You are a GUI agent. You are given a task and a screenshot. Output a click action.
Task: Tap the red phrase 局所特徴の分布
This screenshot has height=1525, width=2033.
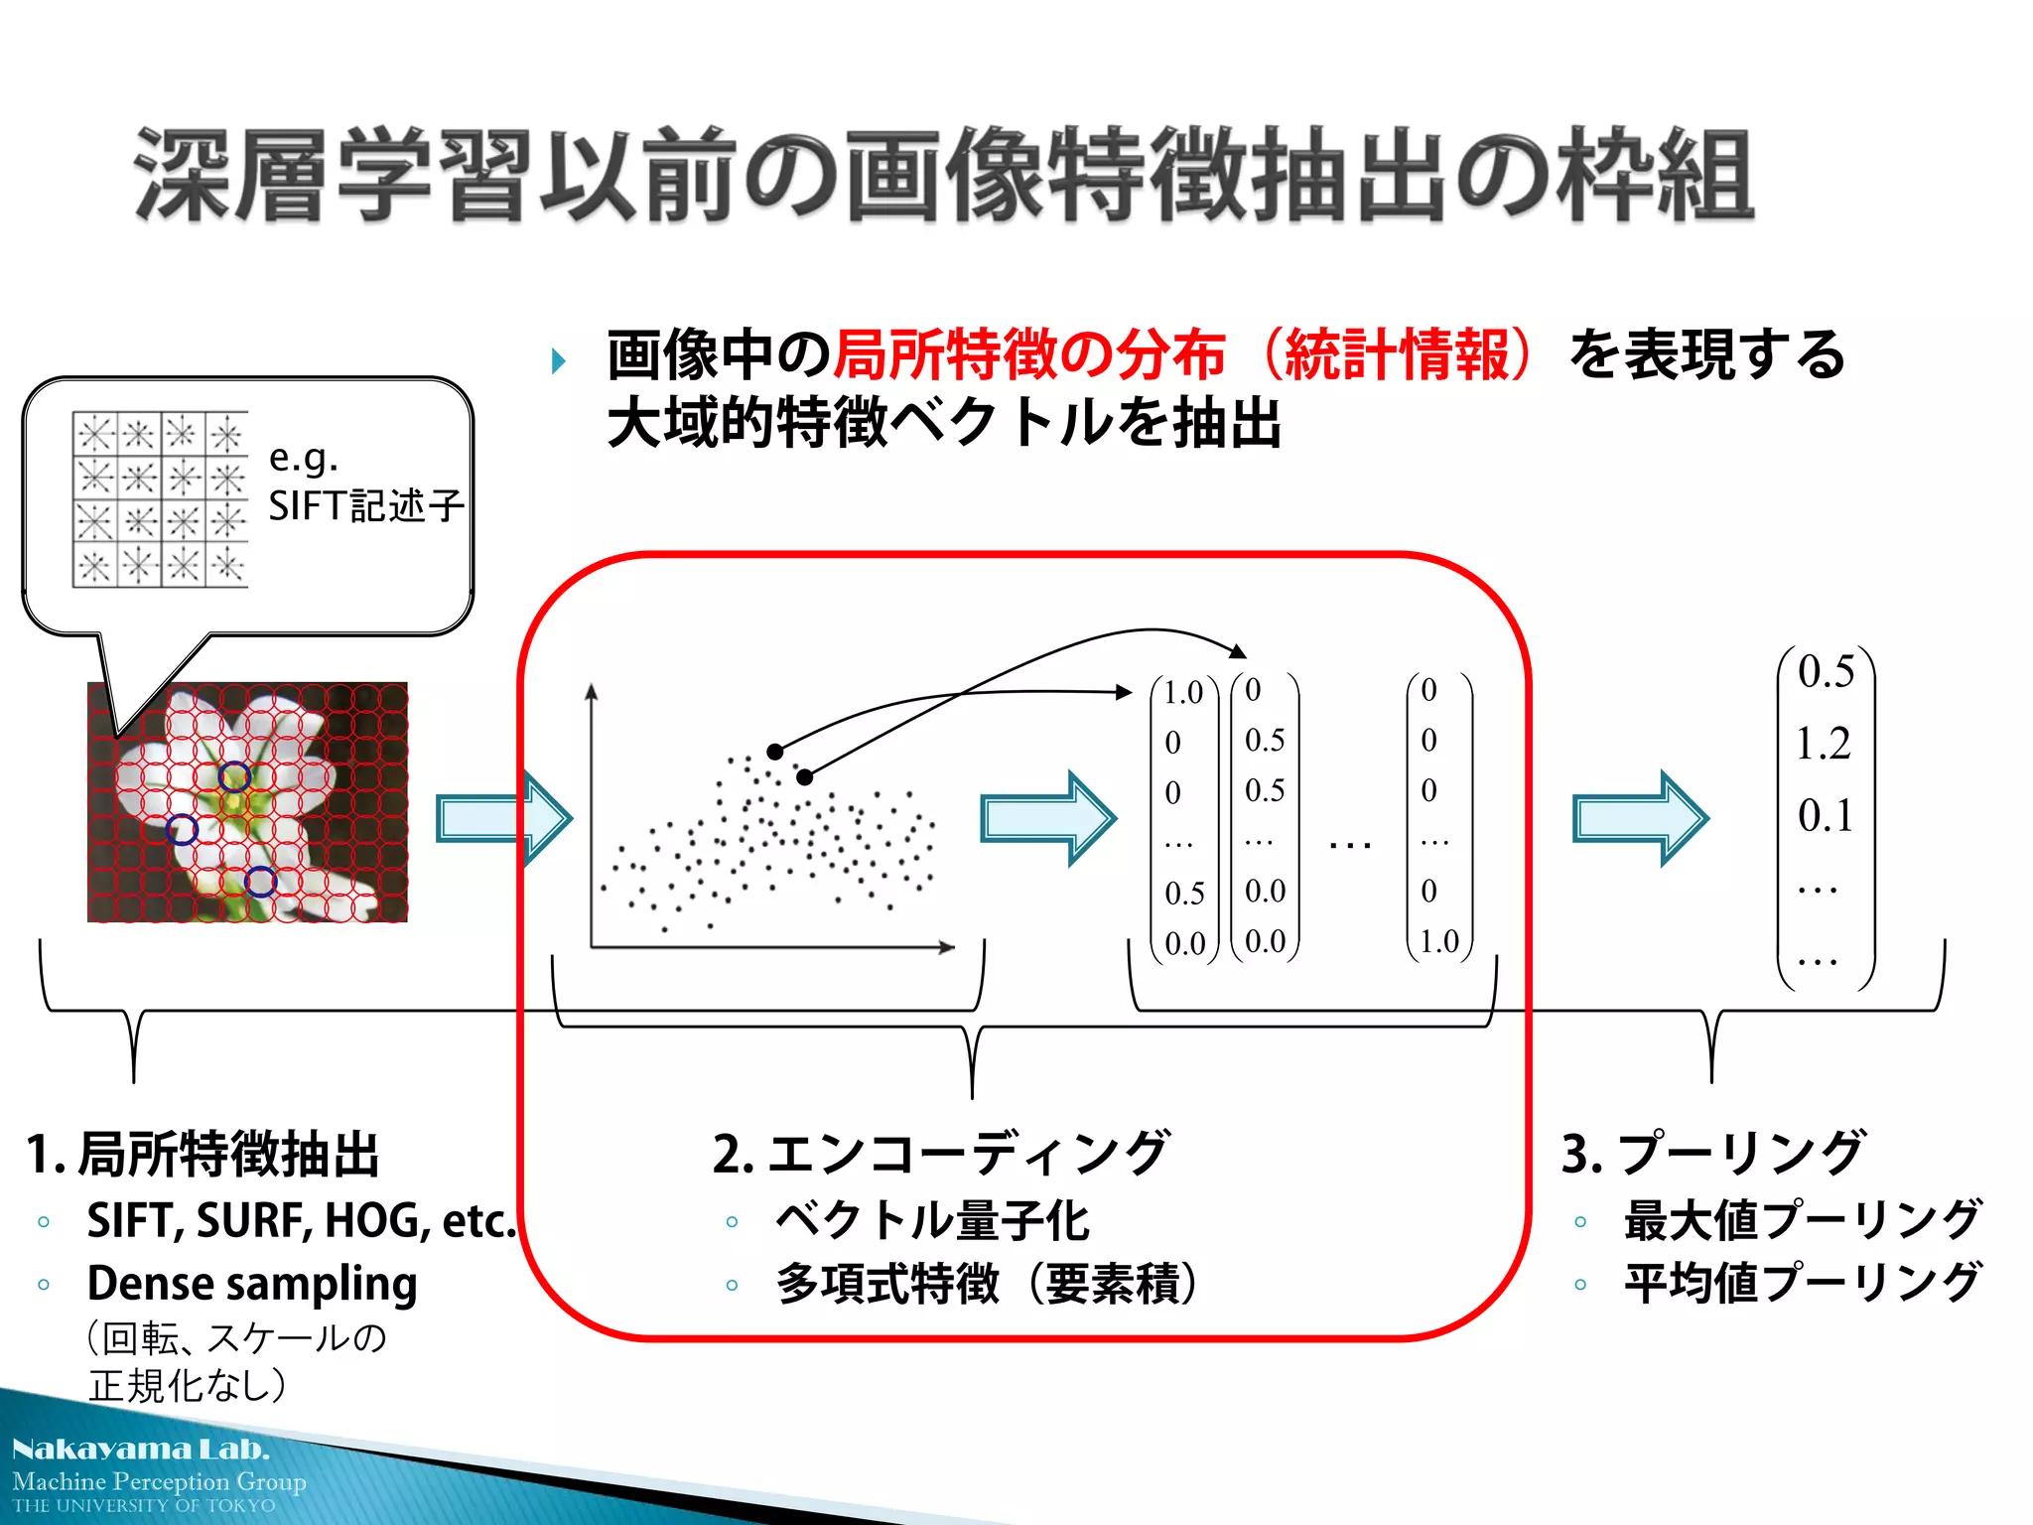tap(1028, 354)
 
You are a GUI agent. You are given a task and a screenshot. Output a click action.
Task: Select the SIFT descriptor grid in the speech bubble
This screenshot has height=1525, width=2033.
tap(160, 499)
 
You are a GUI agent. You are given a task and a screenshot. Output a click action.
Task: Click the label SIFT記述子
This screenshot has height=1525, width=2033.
tap(365, 505)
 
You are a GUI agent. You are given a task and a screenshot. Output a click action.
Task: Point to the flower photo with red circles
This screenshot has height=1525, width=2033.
tap(247, 802)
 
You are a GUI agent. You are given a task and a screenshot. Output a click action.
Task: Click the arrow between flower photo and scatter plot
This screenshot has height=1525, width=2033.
tap(503, 818)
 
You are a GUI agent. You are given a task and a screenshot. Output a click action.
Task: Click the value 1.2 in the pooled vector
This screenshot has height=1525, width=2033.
tap(1824, 744)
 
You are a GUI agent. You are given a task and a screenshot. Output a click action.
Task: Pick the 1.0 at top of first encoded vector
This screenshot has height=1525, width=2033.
tap(1182, 692)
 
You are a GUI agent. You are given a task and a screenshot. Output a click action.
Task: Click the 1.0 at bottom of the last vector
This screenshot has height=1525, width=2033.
tap(1438, 941)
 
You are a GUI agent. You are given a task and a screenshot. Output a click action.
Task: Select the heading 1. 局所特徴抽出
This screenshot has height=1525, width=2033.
tap(203, 1155)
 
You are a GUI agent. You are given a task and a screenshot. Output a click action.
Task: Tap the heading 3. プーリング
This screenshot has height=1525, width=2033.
tap(1713, 1154)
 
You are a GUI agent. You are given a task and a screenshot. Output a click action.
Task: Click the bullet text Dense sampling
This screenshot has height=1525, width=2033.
tap(251, 1283)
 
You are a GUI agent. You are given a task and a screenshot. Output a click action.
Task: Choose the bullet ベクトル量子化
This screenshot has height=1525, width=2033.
tap(931, 1220)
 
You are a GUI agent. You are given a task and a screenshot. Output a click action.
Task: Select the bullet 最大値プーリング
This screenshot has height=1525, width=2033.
tap(1802, 1220)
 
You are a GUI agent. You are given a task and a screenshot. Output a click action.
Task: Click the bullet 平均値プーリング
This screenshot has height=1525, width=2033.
tap(1802, 1283)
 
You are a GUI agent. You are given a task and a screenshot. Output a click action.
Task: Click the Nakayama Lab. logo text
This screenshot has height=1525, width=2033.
tap(141, 1450)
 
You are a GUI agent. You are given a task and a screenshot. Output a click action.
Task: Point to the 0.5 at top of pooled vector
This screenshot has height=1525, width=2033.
tap(1826, 672)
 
